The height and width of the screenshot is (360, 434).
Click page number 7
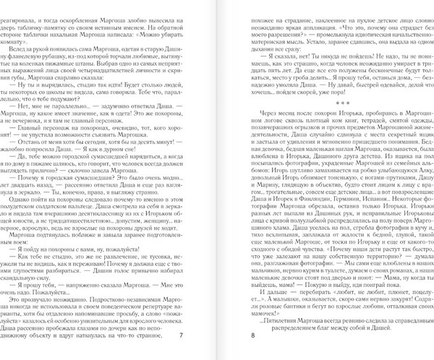[181, 335]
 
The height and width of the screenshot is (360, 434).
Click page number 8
[252, 335]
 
